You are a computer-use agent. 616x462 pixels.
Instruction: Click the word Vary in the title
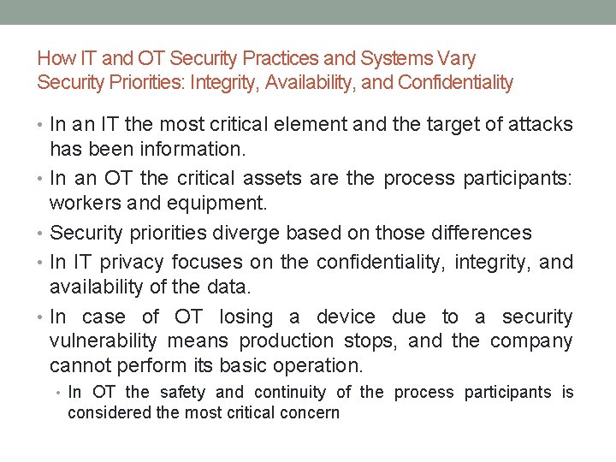[458, 59]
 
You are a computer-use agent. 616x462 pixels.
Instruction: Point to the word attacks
[539, 125]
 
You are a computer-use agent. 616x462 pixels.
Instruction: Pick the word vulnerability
[104, 341]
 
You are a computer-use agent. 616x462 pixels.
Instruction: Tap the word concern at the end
[311, 413]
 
